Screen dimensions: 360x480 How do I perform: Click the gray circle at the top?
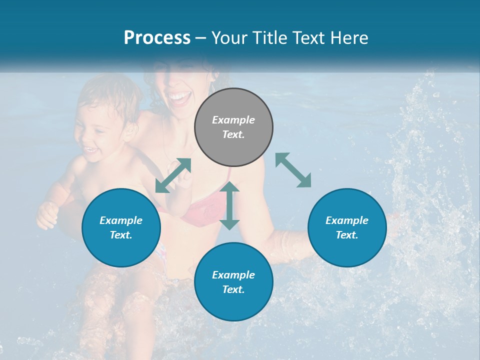[233, 127]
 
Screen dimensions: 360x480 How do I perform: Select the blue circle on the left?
[121, 227]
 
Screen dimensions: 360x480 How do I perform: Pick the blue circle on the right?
[347, 227]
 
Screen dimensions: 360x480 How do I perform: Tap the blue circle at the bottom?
[233, 282]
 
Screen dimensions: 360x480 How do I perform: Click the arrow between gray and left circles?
[173, 175]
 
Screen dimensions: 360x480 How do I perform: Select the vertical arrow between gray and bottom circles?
[229, 205]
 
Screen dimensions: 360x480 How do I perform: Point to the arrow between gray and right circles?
[293, 170]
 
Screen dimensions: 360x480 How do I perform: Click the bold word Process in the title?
[157, 37]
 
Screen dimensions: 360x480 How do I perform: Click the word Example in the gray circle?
[233, 120]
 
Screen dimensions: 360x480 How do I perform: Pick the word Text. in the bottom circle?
[233, 289]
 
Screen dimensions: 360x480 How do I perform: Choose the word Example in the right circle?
[347, 220]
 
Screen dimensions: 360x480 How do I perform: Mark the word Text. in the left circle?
[121, 235]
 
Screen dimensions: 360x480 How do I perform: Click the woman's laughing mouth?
[178, 95]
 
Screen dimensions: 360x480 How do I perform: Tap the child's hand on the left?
[47, 215]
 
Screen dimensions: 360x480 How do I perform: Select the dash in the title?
[200, 38]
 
